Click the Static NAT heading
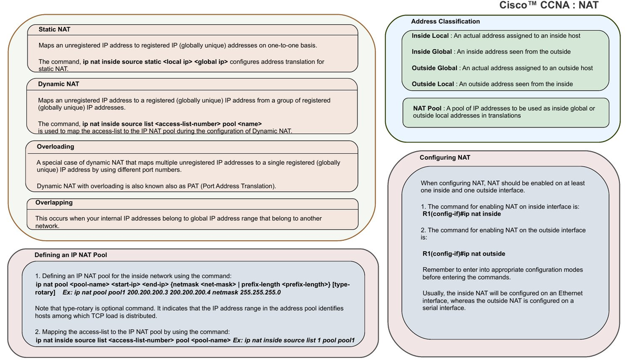point(54,30)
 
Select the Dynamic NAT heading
point(58,84)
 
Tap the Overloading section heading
point(55,147)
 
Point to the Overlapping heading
point(54,203)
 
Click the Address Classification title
point(446,21)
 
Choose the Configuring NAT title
point(444,157)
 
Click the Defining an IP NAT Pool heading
point(71,255)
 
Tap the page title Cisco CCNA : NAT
point(549,5)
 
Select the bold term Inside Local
point(430,36)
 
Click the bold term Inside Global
point(432,52)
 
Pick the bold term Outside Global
point(435,68)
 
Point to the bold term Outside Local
point(433,84)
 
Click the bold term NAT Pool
point(427,108)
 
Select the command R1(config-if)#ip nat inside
point(461,214)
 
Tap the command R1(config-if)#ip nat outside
point(464,254)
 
